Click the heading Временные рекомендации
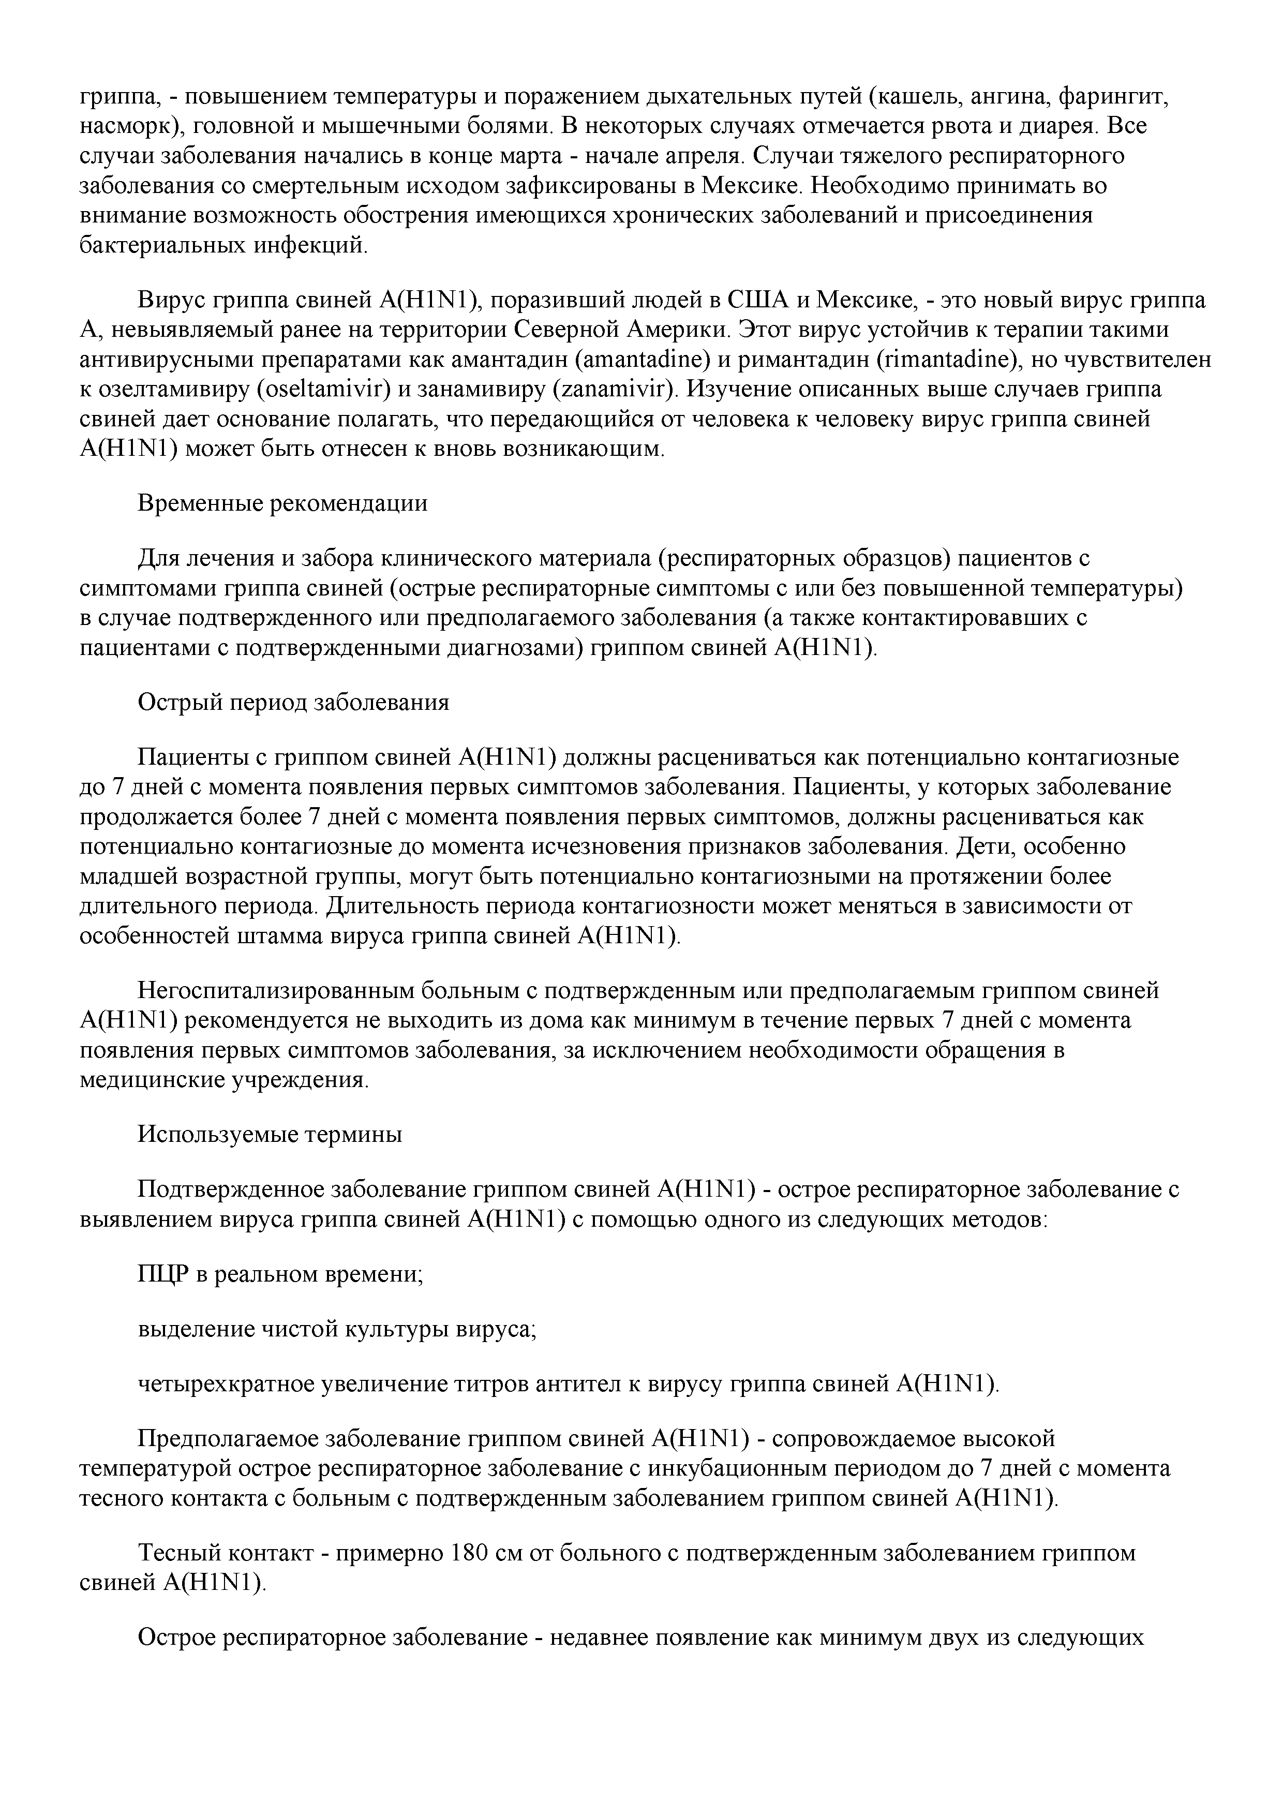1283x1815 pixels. (282, 503)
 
